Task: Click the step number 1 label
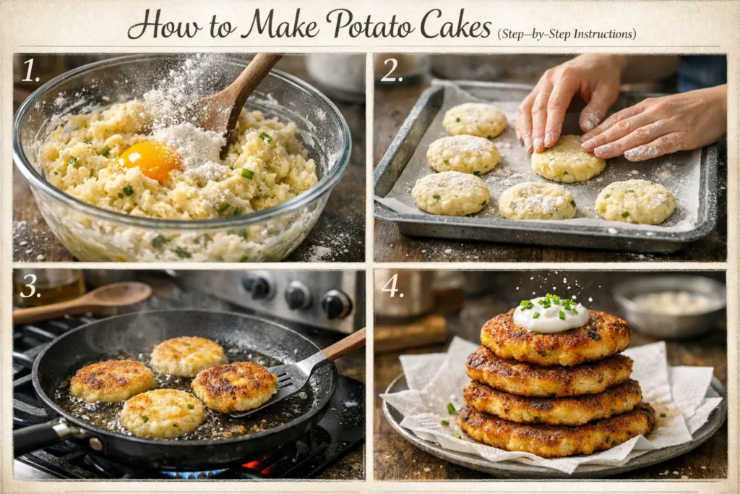(x=30, y=71)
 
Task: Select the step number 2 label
(x=392, y=71)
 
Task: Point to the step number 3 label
(x=30, y=286)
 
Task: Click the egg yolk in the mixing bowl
(x=150, y=159)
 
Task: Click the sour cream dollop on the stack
(x=551, y=315)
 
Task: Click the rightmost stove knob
(x=336, y=303)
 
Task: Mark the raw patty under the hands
(x=568, y=158)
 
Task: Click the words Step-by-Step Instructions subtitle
(x=567, y=33)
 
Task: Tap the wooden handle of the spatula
(x=344, y=345)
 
